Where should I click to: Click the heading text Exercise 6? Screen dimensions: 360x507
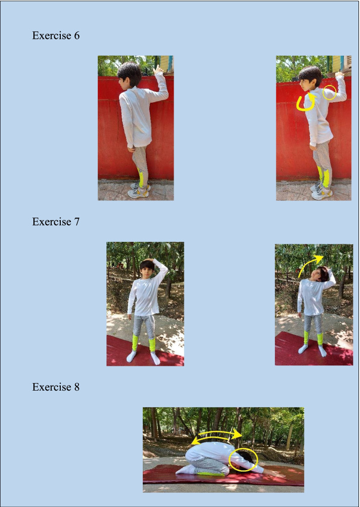pos(56,35)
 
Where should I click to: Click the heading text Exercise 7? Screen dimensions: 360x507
pos(56,222)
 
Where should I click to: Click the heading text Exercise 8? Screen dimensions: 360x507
pos(56,387)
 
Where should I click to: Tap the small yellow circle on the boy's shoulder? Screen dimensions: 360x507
pos(330,94)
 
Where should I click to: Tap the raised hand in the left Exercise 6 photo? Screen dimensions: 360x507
pos(158,69)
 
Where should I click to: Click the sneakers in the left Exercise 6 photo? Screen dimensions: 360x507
pos(139,191)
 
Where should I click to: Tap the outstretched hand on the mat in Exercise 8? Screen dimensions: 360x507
pos(276,474)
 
